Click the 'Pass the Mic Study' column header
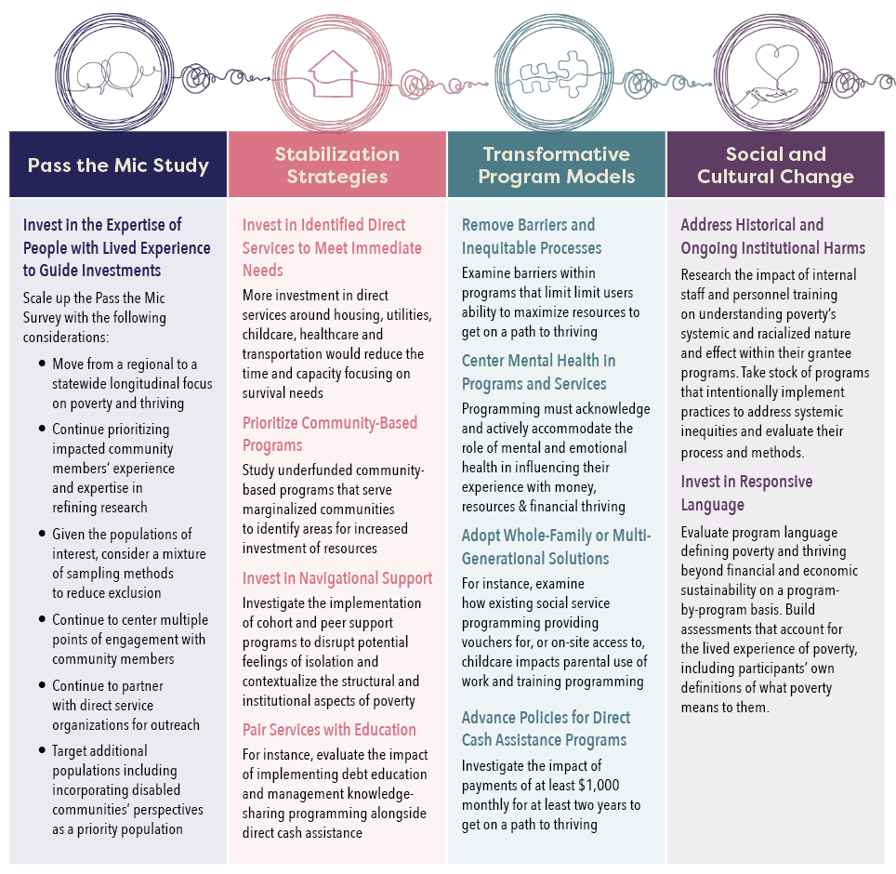tap(118, 166)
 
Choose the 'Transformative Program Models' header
tap(556, 165)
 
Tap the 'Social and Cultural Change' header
tap(775, 165)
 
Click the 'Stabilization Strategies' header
tap(337, 165)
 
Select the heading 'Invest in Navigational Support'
tap(337, 578)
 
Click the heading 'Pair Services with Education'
tap(329, 729)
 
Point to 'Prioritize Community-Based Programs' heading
tap(330, 434)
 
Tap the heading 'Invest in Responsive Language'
tap(746, 493)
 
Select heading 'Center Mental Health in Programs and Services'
tap(538, 372)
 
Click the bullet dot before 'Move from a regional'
tap(42, 364)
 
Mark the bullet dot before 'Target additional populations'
tap(42, 750)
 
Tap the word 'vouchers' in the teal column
tap(488, 642)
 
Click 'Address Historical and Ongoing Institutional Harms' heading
tap(772, 236)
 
